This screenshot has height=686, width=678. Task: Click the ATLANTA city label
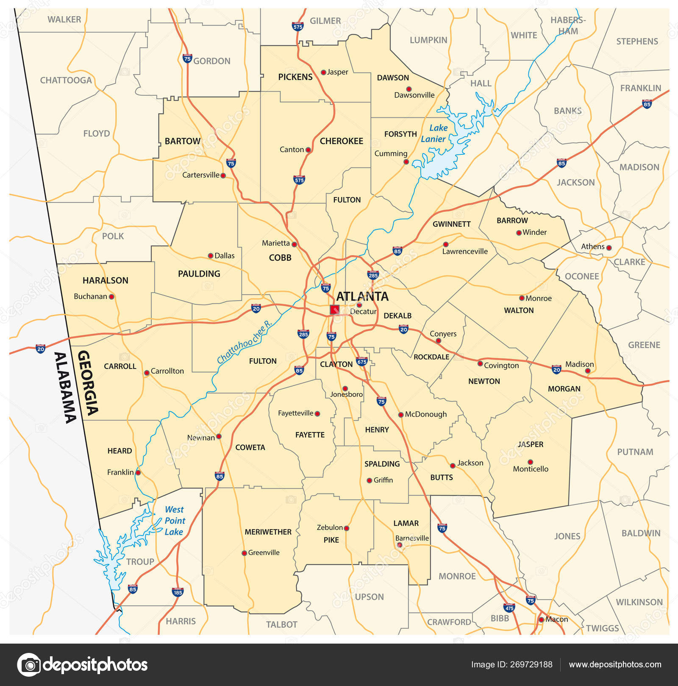(362, 296)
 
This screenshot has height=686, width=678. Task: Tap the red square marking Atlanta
(335, 310)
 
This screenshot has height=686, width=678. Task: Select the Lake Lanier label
(434, 133)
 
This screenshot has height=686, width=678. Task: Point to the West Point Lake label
(175, 520)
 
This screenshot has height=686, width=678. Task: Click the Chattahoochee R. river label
(244, 343)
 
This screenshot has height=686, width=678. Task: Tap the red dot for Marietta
(295, 245)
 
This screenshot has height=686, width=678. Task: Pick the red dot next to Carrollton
(147, 373)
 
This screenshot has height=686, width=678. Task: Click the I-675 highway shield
(361, 361)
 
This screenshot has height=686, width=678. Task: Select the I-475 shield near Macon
(509, 607)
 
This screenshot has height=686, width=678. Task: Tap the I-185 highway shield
(178, 591)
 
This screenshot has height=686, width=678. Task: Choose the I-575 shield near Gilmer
(297, 26)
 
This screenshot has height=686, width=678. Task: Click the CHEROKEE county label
(341, 141)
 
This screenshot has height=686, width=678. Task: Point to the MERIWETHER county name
(268, 532)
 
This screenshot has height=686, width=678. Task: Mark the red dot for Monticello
(530, 462)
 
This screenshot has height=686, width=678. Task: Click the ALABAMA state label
(65, 388)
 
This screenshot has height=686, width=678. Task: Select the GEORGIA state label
(88, 382)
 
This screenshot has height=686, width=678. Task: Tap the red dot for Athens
(609, 248)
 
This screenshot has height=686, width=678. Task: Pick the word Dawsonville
(414, 95)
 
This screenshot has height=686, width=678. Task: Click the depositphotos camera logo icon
(29, 664)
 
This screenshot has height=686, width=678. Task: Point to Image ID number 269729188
(531, 664)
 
